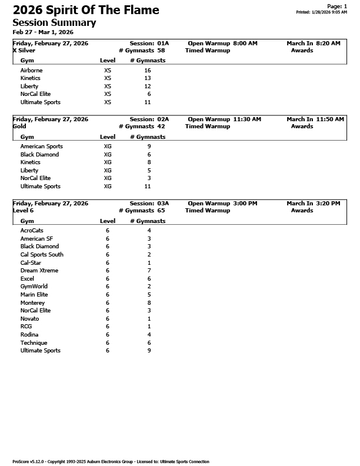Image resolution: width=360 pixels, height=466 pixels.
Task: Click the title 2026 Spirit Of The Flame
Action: pos(86,10)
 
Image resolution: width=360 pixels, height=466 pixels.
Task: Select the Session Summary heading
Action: pos(54,22)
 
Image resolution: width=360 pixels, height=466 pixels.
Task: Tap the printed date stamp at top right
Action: pos(321,12)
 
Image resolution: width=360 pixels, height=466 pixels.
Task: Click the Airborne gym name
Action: pos(31,70)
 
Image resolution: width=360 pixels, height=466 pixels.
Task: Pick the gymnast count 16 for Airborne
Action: pos(147,70)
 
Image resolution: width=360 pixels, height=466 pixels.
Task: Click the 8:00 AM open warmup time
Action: pos(245,44)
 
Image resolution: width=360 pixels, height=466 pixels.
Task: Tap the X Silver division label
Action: pos(24,51)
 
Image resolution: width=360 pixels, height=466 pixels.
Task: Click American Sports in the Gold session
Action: pos(41,146)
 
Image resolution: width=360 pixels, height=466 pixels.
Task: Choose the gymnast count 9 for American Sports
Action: pos(149,146)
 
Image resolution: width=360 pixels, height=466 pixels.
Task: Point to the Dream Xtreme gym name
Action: pos(39,271)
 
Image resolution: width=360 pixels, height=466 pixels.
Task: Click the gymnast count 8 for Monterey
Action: pos(149,302)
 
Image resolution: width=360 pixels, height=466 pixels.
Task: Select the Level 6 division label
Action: pos(23,210)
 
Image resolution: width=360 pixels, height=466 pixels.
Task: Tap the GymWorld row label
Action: pos(34,287)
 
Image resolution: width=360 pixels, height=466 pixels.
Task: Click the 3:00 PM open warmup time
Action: pos(245,203)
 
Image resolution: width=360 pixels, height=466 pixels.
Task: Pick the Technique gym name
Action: pos(34,342)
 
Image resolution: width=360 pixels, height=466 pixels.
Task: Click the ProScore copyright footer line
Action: pos(111,461)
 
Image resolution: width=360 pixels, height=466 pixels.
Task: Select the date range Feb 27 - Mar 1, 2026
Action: pos(43,32)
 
